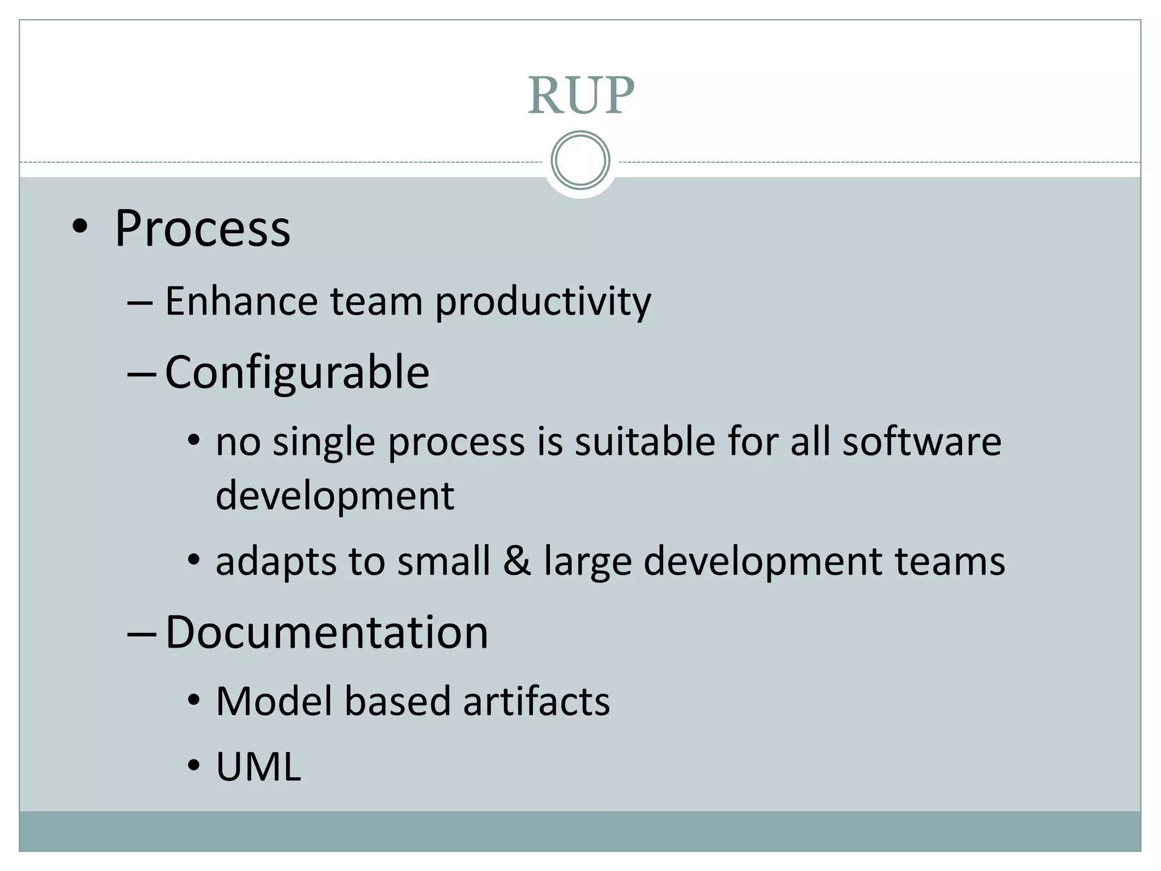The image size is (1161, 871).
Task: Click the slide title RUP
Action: pos(580,95)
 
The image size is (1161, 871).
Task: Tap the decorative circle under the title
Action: pos(580,160)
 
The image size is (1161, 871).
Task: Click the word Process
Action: pos(202,229)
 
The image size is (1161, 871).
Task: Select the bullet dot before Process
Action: pos(80,227)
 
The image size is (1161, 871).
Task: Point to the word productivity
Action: pos(543,302)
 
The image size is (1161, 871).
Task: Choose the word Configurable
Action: pos(297,373)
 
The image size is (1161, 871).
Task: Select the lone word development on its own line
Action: pos(335,496)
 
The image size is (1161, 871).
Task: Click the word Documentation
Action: pos(327,632)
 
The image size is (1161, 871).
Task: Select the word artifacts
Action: pos(536,701)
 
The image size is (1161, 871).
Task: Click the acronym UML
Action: pos(259,767)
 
